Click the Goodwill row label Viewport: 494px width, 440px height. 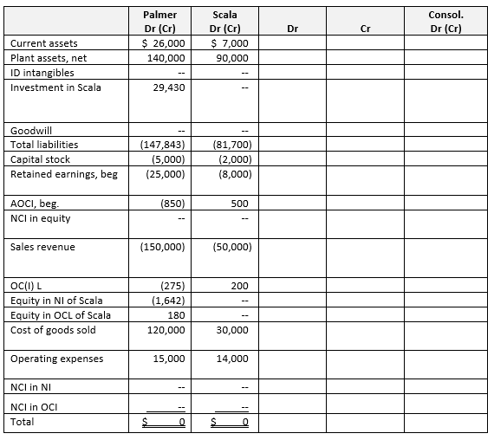click(x=29, y=131)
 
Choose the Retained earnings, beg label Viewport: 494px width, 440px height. click(x=63, y=173)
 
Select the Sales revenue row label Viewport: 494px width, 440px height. click(x=42, y=247)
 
